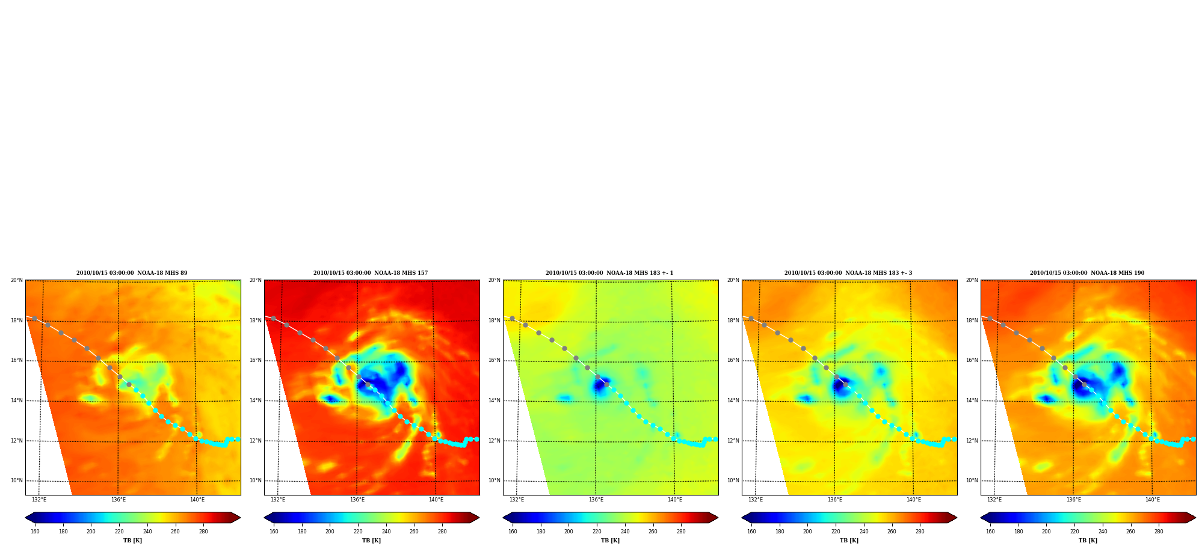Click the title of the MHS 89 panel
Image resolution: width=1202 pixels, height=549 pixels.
(132, 273)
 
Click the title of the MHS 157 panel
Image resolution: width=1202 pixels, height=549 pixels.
(371, 273)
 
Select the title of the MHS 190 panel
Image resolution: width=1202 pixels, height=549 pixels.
(1087, 273)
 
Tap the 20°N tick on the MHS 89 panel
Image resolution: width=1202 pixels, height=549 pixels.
(17, 280)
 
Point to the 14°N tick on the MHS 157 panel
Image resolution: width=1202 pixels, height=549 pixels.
(256, 400)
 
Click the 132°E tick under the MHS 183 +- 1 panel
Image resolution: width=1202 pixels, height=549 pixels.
(517, 500)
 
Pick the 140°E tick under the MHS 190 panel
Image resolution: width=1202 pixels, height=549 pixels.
(1153, 500)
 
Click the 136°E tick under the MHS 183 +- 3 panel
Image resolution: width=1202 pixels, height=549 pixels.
(835, 500)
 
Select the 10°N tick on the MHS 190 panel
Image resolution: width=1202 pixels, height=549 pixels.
(972, 480)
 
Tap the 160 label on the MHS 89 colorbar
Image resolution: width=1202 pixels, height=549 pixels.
(35, 532)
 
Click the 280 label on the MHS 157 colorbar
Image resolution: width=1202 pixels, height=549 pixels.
(442, 532)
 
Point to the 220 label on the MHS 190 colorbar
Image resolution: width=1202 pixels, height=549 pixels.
(1074, 532)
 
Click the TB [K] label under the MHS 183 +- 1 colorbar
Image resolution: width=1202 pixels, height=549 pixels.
(611, 541)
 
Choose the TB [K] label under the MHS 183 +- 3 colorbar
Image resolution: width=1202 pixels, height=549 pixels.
(849, 541)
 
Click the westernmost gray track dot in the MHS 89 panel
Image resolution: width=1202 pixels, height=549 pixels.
(34, 318)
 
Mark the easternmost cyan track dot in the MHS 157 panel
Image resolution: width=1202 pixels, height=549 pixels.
(476, 439)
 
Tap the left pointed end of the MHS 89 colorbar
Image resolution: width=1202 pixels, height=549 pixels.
(26, 518)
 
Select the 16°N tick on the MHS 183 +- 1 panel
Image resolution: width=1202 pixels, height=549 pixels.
(495, 360)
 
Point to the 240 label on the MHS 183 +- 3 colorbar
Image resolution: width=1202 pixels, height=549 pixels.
(864, 532)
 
